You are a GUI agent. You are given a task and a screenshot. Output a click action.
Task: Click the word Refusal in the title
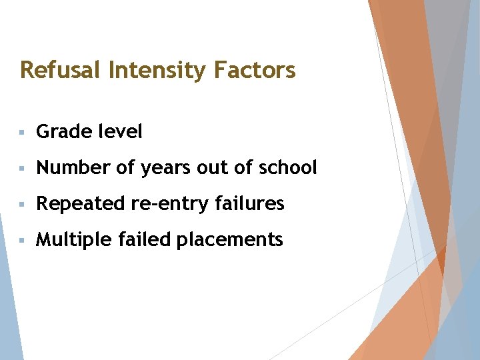point(58,69)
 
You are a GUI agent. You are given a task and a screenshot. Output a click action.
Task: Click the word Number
point(73,168)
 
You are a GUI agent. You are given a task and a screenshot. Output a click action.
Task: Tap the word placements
point(229,240)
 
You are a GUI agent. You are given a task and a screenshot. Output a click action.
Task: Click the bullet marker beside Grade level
point(23,133)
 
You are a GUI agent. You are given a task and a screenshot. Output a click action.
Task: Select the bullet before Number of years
point(23,169)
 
